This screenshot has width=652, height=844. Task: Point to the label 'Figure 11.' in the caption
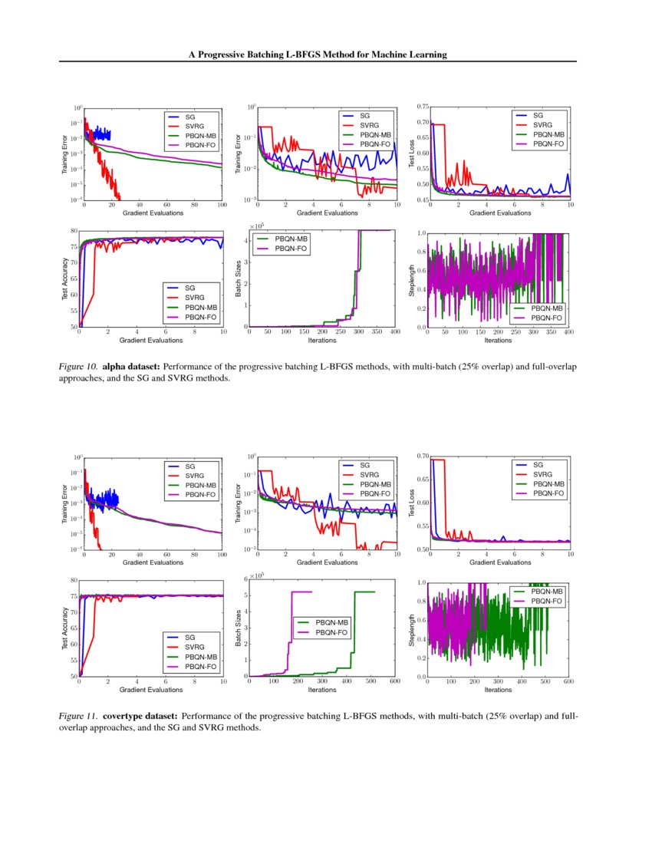81,717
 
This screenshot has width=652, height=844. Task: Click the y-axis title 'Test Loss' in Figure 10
411,153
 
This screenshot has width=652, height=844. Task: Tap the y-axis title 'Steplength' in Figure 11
411,629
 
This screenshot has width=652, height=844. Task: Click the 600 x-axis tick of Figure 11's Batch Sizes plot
395,681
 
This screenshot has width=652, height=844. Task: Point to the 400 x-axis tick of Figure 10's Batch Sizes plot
395,332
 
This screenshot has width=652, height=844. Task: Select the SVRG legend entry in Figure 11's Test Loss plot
543,475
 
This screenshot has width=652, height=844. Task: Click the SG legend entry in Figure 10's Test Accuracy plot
191,288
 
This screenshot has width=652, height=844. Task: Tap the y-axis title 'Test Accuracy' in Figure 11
64,628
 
